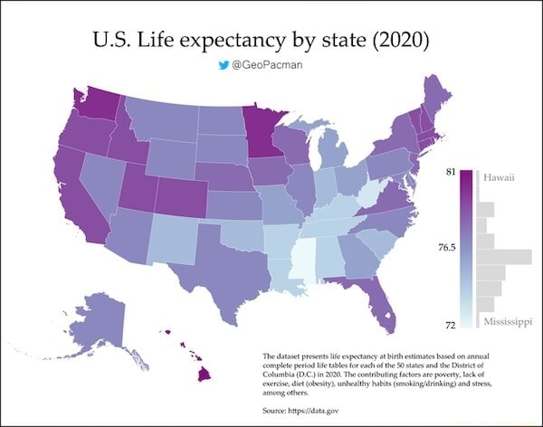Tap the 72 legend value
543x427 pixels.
pyautogui.click(x=449, y=322)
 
